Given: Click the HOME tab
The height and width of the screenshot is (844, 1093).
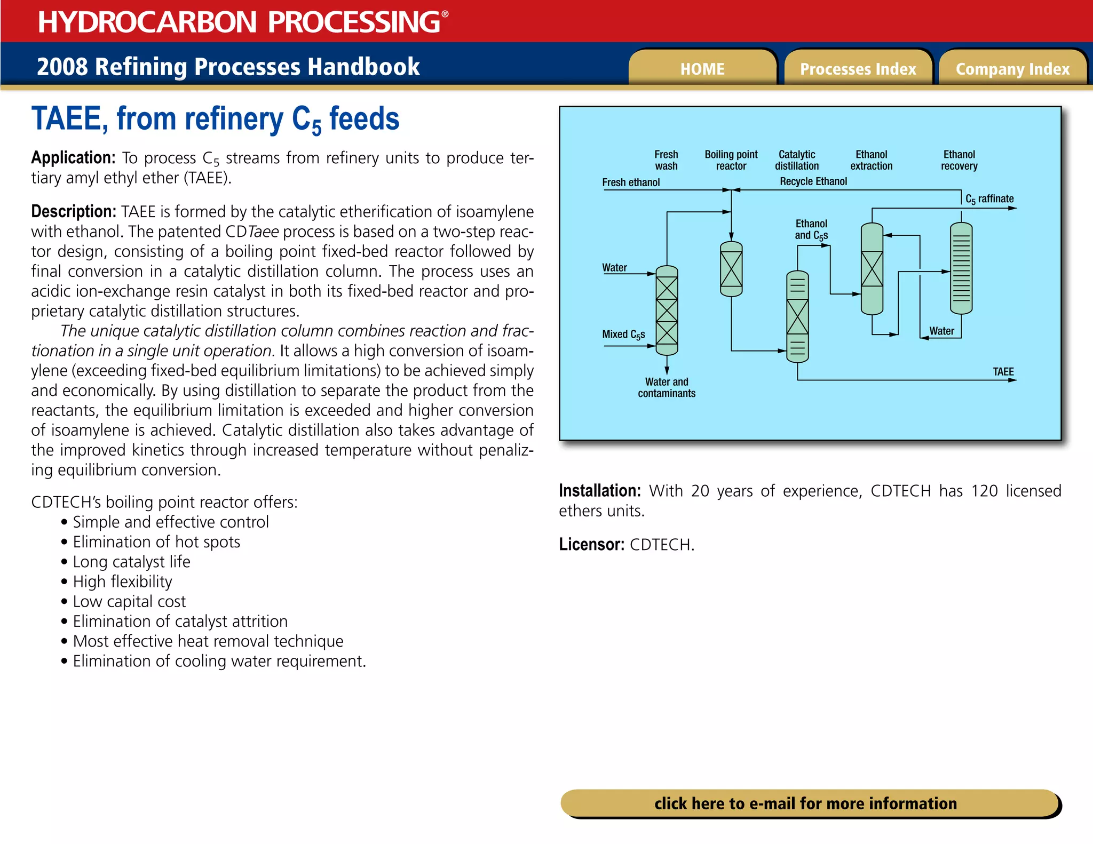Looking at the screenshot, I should (702, 69).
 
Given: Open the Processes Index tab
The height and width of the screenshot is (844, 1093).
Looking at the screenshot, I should (858, 69).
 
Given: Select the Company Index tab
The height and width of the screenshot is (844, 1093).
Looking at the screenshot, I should (1012, 69).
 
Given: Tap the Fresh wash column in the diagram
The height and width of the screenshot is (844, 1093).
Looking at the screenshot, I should (667, 310).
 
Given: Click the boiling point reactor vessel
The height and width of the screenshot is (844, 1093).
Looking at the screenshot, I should (731, 269).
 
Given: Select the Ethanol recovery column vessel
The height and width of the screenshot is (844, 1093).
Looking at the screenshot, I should (961, 268).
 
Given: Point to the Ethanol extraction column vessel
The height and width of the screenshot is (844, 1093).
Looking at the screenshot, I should (872, 268).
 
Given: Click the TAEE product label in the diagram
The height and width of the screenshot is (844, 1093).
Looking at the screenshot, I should (1003, 371).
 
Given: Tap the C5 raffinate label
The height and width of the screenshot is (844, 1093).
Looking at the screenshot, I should (989, 199).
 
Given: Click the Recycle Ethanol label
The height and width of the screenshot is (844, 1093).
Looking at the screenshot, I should (813, 181).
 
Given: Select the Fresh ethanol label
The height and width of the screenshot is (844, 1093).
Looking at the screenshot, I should (631, 182).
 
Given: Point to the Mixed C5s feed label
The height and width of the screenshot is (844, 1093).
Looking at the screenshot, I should (623, 335).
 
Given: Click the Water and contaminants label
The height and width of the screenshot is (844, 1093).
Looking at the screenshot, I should (667, 387).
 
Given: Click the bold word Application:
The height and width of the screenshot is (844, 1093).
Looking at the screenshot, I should (73, 158).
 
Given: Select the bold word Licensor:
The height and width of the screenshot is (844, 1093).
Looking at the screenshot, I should (591, 545).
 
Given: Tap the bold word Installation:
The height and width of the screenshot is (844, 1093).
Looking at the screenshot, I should (599, 491).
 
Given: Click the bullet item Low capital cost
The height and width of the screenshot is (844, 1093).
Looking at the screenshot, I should (129, 602).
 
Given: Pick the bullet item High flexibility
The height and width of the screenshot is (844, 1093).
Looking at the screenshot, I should (122, 582).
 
